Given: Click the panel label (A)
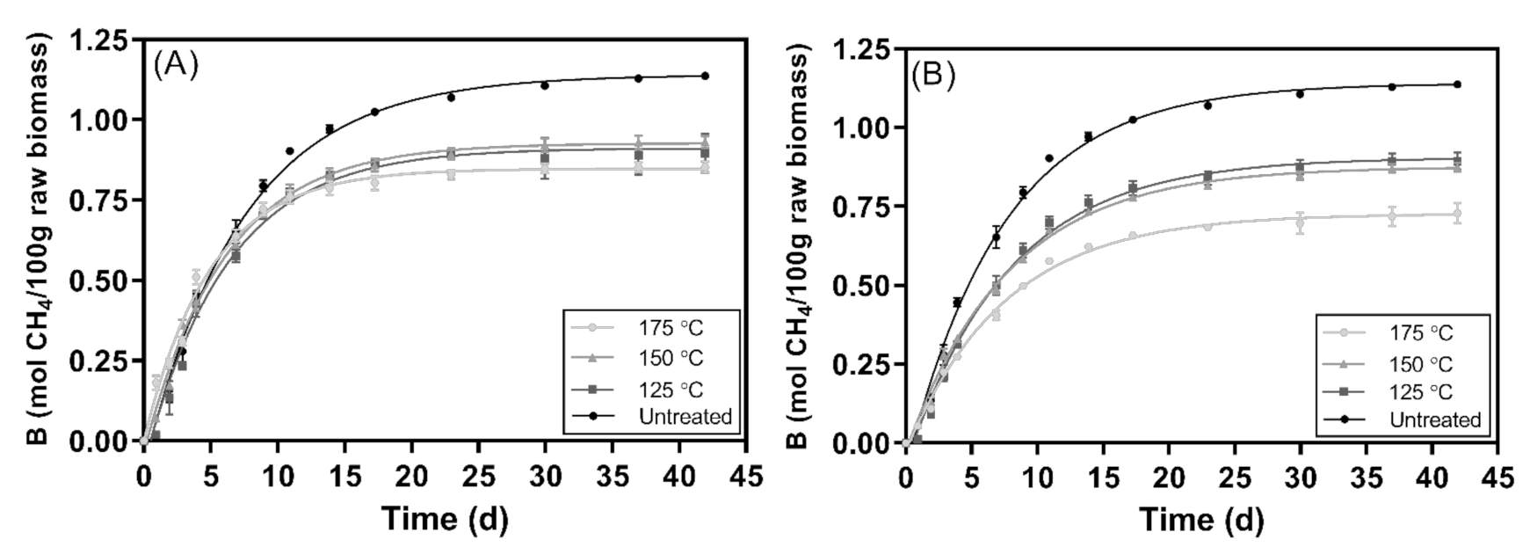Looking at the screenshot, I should pyautogui.click(x=177, y=67).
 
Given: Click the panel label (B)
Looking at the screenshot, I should pyautogui.click(x=932, y=76).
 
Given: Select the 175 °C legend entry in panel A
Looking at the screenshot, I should pyautogui.click(x=671, y=328).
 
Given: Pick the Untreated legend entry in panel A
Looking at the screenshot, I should pyautogui.click(x=685, y=417).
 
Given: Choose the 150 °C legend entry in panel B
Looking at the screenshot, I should pyautogui.click(x=1420, y=364).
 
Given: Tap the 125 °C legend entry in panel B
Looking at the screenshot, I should pyautogui.click(x=1420, y=392).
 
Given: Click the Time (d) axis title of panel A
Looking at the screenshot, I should pyautogui.click(x=444, y=519).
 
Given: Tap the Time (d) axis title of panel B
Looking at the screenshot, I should pyautogui.click(x=1201, y=520).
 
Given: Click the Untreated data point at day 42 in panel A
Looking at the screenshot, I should pyautogui.click(x=705, y=76).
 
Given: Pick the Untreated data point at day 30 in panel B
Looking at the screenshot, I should pyautogui.click(x=1300, y=94).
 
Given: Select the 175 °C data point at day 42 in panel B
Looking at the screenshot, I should pyautogui.click(x=1457, y=214).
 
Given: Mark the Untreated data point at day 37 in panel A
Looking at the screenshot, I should pyautogui.click(x=638, y=78).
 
